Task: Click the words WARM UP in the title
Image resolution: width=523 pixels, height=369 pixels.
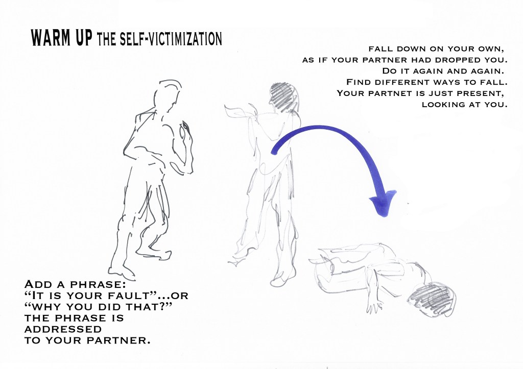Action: tap(61, 38)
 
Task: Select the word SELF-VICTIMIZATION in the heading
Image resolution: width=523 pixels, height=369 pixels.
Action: tap(171, 39)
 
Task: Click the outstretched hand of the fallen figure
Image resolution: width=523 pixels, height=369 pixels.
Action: tap(374, 306)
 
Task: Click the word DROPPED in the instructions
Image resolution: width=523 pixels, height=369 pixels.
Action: tap(457, 60)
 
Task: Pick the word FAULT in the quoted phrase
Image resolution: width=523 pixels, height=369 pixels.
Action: tap(133, 296)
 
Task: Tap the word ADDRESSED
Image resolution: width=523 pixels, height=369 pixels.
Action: tap(63, 329)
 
